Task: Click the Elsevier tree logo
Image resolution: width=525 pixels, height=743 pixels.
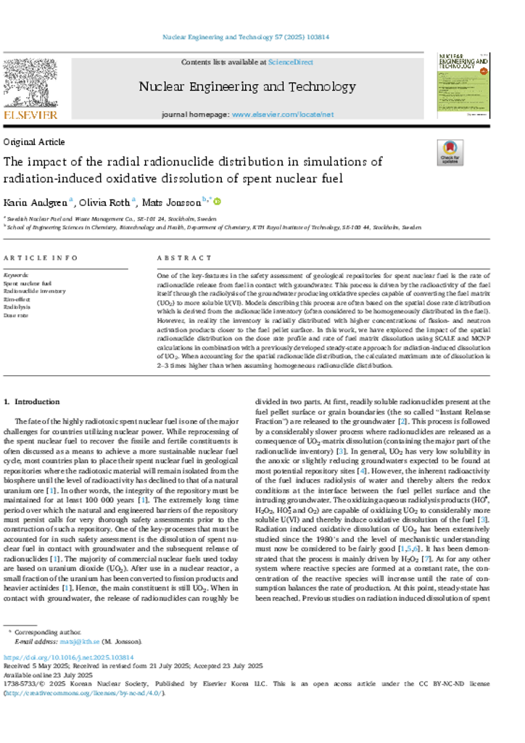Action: [x=30, y=83]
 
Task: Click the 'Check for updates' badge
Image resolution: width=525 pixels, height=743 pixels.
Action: [x=450, y=152]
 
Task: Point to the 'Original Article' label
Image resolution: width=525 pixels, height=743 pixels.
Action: [x=34, y=142]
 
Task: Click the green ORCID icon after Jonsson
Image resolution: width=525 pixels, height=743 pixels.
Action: [x=216, y=202]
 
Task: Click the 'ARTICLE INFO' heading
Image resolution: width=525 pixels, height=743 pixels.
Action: [x=41, y=258]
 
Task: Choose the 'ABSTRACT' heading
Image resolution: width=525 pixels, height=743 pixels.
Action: [x=185, y=258]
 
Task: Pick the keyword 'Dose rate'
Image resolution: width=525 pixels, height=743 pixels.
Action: [x=16, y=315]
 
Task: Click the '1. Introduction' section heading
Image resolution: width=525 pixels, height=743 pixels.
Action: [x=32, y=401]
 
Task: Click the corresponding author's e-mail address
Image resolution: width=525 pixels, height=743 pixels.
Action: [x=72, y=641]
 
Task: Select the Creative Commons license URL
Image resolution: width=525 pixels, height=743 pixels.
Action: [x=85, y=692]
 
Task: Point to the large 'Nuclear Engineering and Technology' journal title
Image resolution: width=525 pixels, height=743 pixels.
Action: [x=247, y=87]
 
